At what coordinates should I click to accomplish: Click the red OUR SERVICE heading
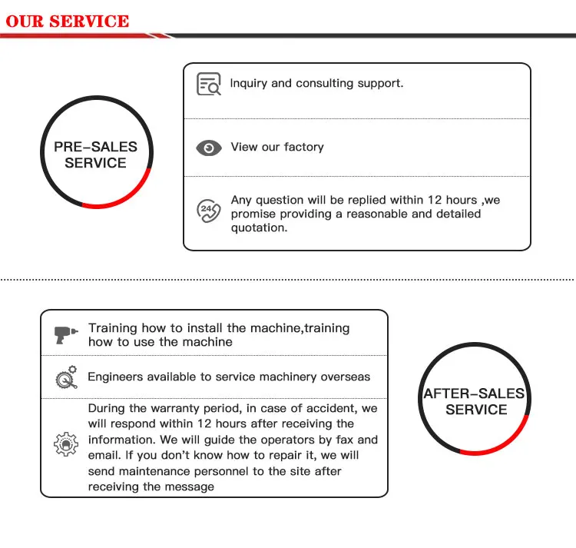click(68, 21)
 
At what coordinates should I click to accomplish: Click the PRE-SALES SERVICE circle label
click(95, 154)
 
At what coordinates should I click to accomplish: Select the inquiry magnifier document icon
click(208, 84)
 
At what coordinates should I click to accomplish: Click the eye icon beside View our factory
click(208, 148)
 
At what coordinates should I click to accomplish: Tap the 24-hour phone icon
click(208, 210)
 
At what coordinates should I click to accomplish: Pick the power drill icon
click(65, 335)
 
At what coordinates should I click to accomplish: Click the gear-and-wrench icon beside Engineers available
click(65, 377)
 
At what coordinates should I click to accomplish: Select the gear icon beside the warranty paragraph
click(65, 443)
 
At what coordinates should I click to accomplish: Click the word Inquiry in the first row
click(249, 83)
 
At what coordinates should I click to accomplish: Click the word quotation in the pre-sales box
click(259, 228)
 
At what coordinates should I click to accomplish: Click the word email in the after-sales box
click(104, 455)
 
